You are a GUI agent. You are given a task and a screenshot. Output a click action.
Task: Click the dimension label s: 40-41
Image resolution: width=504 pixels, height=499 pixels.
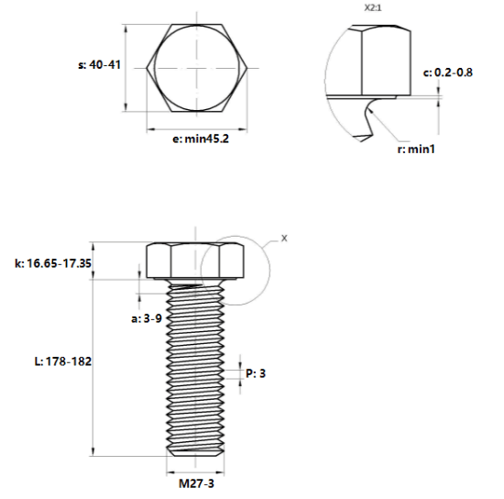tap(99, 64)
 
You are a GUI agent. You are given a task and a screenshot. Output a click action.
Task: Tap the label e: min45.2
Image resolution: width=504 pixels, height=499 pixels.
tap(201, 139)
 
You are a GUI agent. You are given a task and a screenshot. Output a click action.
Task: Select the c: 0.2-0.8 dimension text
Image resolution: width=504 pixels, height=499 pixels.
tap(448, 72)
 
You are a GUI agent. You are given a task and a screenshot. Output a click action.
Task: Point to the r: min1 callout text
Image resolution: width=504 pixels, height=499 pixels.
tap(416, 149)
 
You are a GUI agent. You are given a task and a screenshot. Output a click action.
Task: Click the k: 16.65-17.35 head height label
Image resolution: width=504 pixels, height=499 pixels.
tap(53, 263)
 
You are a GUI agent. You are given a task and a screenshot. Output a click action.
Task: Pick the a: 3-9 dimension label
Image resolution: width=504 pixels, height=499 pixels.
tap(147, 318)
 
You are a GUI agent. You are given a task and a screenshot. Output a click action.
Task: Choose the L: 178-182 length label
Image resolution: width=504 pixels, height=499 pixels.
tap(63, 361)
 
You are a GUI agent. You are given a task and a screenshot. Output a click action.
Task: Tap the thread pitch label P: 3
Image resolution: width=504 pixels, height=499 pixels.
tap(256, 373)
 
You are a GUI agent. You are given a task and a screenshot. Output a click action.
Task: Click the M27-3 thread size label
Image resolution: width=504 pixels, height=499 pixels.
tap(196, 483)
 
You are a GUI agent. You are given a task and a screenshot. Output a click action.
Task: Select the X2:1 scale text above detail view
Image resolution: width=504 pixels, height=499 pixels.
tap(373, 7)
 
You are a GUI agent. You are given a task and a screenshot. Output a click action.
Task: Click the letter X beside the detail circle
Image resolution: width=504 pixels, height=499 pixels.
tap(284, 238)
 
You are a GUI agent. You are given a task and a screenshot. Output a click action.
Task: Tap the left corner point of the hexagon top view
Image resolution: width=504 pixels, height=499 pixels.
tap(147, 68)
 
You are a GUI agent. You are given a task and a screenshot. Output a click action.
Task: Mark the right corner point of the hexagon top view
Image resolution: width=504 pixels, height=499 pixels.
tap(247, 68)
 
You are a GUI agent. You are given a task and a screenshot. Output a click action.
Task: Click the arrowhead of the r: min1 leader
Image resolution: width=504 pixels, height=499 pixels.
tap(370, 111)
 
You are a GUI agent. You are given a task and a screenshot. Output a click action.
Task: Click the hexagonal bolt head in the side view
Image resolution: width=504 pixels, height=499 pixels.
tap(195, 261)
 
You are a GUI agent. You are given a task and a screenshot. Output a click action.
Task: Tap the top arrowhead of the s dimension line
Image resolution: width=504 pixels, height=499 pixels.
tap(126, 28)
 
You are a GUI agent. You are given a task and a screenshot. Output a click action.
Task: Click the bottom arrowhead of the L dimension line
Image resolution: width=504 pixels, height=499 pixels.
tap(93, 451)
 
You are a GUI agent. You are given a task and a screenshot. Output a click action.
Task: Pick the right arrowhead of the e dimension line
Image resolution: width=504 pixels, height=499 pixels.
tap(243, 129)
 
